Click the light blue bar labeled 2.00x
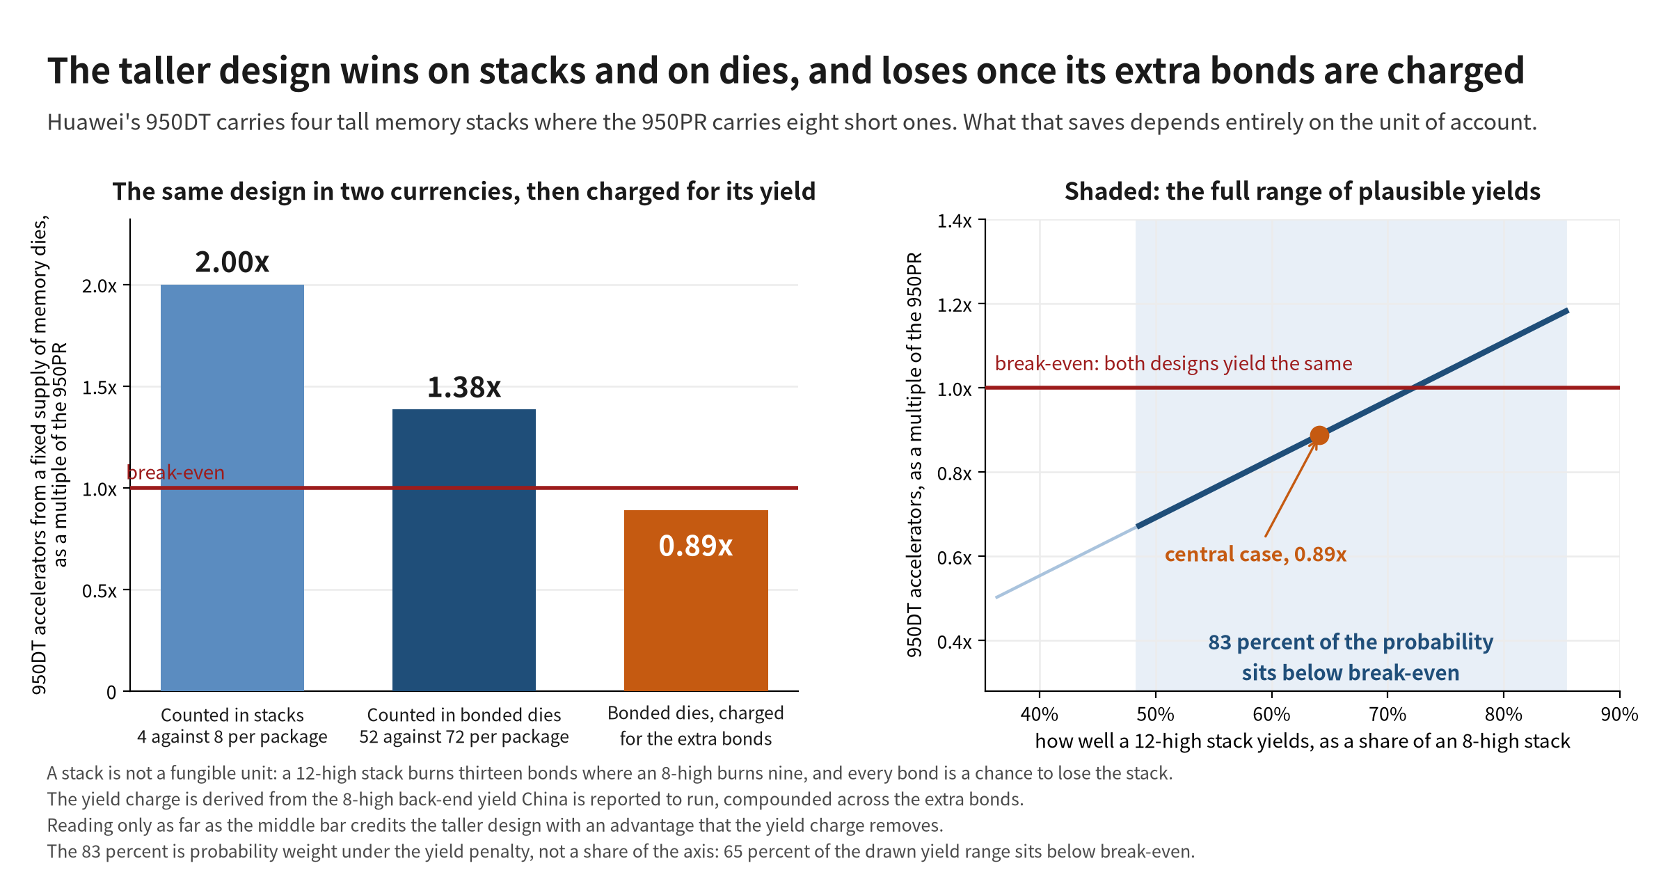pyautogui.click(x=232, y=487)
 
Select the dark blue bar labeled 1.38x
pyautogui.click(x=464, y=550)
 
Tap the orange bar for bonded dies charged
pyautogui.click(x=696, y=601)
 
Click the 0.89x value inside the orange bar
pyautogui.click(x=696, y=546)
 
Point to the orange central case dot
pyautogui.click(x=1319, y=436)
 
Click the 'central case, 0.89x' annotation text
pyautogui.click(x=1255, y=554)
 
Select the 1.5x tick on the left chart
pyautogui.click(x=100, y=387)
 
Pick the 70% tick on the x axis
pyautogui.click(x=1387, y=714)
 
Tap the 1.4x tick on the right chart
pyautogui.click(x=955, y=221)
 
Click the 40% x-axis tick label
pyautogui.click(x=1039, y=714)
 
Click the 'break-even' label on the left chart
pyautogui.click(x=175, y=473)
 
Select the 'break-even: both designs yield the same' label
pyautogui.click(x=1173, y=363)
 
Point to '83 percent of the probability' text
pyautogui.click(x=1351, y=642)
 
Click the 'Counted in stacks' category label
pyautogui.click(x=232, y=715)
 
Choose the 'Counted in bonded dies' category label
pyautogui.click(x=464, y=715)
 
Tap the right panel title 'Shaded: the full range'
pyautogui.click(x=1303, y=191)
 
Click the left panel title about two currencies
pyautogui.click(x=464, y=191)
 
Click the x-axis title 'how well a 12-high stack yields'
pyautogui.click(x=1303, y=741)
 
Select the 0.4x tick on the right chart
pyautogui.click(x=955, y=641)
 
